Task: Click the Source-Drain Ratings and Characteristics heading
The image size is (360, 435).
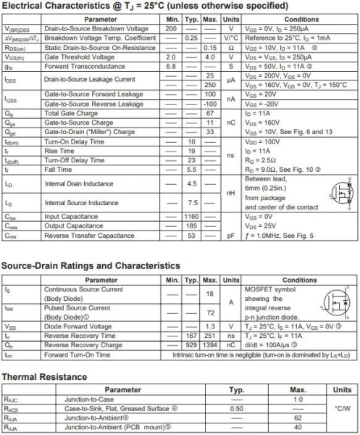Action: point(91,266)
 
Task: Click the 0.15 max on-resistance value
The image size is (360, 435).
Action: point(210,48)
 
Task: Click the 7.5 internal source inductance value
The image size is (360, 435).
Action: point(191,202)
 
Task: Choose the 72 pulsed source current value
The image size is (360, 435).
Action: point(210,312)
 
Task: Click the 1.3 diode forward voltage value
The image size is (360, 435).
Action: point(210,327)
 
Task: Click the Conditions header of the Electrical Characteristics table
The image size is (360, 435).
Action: point(301,19)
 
